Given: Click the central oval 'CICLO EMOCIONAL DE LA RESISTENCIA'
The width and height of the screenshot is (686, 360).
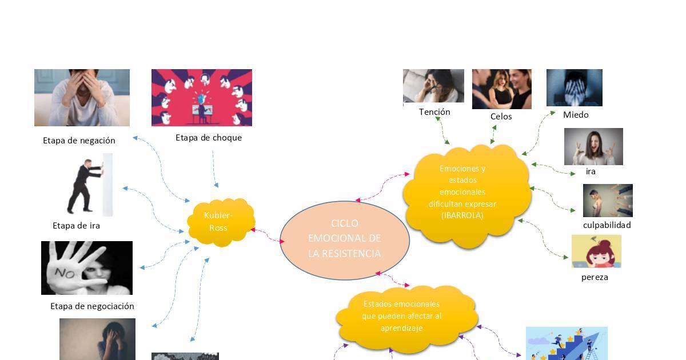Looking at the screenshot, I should [x=344, y=239].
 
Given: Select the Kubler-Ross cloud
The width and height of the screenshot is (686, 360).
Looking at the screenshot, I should [x=220, y=222].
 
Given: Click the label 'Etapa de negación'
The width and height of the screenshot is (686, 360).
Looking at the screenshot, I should [x=79, y=141].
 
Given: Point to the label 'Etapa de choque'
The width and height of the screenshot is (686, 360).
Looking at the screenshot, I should [x=209, y=138].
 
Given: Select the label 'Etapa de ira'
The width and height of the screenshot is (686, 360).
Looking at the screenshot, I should [x=76, y=226].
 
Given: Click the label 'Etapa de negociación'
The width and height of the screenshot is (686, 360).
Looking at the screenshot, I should [x=92, y=306].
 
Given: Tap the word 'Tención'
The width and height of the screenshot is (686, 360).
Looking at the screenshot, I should [x=434, y=112].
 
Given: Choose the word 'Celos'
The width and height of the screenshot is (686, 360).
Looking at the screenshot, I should [x=501, y=117].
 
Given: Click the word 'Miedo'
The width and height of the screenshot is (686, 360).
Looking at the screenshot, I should [x=576, y=115].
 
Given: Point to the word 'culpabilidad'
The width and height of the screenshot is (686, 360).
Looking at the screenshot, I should [x=607, y=225].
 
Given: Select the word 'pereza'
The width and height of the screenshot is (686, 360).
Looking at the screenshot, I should [x=595, y=278].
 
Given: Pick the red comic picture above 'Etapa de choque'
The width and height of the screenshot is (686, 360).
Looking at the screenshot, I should [x=201, y=98].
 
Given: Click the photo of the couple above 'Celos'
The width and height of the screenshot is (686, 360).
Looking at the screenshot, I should [x=501, y=89].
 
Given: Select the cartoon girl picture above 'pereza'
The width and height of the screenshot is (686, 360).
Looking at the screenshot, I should [x=596, y=251].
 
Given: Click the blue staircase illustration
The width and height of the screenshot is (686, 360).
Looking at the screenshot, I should [x=567, y=344].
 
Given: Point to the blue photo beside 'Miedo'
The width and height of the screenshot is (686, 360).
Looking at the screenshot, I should [x=574, y=87].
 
